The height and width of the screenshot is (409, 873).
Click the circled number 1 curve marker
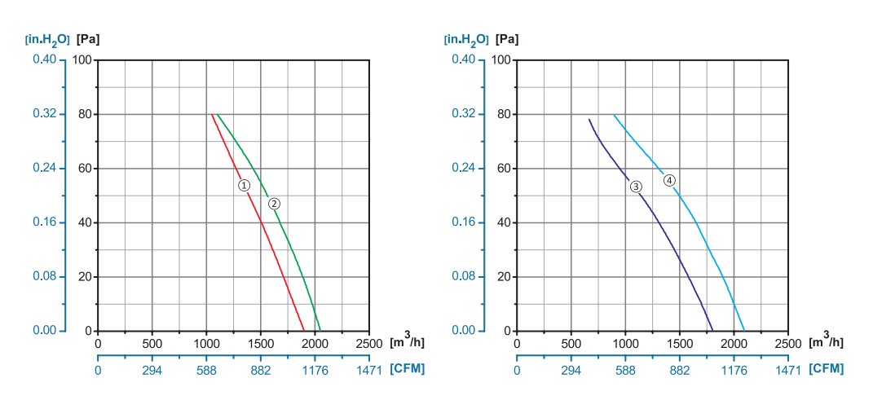point(244,185)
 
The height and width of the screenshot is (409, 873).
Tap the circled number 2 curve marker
point(274,203)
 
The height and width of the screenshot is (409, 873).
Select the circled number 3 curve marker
point(636,187)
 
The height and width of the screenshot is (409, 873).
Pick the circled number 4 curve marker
point(669,180)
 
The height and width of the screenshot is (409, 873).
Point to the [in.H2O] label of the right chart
point(466,38)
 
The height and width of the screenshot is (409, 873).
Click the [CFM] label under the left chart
point(407,369)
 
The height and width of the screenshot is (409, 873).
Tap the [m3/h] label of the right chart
point(827,342)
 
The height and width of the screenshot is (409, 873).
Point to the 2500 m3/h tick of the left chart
point(369,344)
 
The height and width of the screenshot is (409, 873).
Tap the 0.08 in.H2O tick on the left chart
point(44,276)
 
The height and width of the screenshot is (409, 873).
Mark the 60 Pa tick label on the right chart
point(503,169)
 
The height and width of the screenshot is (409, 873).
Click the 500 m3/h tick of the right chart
point(571,344)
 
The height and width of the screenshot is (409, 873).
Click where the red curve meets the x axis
point(304,331)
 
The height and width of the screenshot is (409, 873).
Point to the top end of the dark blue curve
point(589,120)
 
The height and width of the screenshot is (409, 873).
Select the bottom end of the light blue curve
point(744,331)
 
